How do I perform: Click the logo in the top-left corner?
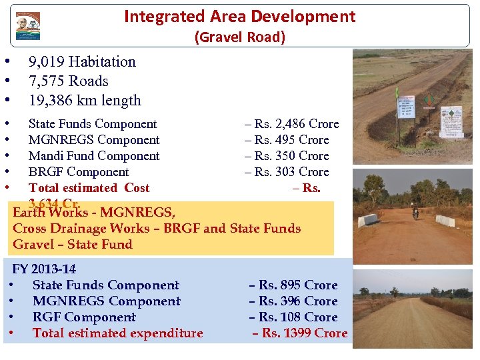click(x=28, y=26)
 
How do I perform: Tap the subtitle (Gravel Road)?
click(x=239, y=37)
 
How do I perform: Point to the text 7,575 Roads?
click(x=68, y=81)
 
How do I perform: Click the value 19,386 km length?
click(x=85, y=101)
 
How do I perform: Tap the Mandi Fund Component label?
click(x=94, y=156)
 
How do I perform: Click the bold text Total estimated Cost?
click(x=89, y=188)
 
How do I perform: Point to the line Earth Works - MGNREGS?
click(x=94, y=213)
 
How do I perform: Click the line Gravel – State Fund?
click(x=73, y=245)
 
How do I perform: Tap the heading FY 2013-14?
click(x=44, y=269)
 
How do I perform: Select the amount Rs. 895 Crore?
click(x=293, y=285)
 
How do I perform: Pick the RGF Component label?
click(x=84, y=317)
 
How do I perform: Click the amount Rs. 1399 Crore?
click(x=299, y=333)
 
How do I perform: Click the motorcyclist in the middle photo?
click(x=415, y=213)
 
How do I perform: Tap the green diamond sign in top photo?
click(x=429, y=101)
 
